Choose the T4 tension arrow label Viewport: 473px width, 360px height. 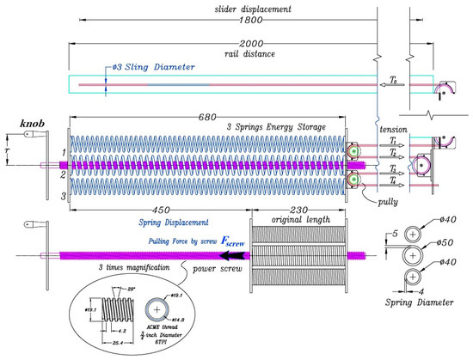pyautogui.click(x=391, y=180)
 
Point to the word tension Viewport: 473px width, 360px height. pyautogui.click(x=392, y=128)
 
